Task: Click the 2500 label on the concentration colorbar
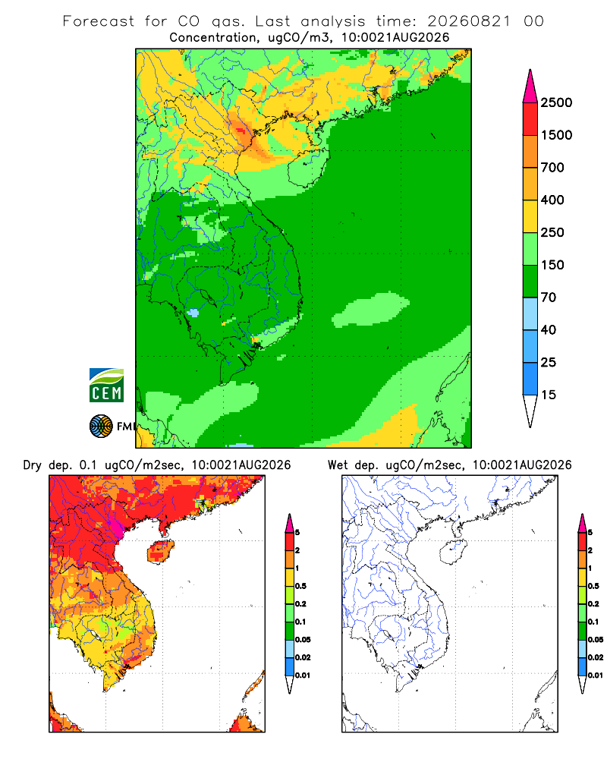tap(556, 102)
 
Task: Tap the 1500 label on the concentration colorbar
tap(556, 135)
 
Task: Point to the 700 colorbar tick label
tap(552, 168)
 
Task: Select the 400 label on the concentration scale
tap(552, 200)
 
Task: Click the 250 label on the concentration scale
tap(552, 232)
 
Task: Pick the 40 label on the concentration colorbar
tap(549, 329)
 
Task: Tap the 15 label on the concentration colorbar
tap(549, 395)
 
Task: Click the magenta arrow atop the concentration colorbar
tap(530, 87)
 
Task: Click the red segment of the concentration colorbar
tap(530, 119)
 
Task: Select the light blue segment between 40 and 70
tap(530, 313)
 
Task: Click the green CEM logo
tap(106, 386)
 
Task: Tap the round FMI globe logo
tap(101, 427)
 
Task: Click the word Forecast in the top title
tap(99, 21)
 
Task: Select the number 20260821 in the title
tap(469, 21)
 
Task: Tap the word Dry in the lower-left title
tap(33, 466)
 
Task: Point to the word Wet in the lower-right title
tap(338, 465)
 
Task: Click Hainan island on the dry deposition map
tap(161, 553)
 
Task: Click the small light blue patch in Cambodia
tap(193, 313)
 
